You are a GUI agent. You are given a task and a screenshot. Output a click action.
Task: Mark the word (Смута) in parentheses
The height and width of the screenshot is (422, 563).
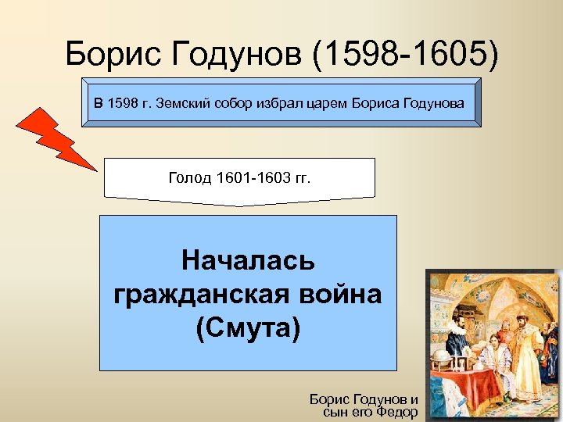[247, 327]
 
